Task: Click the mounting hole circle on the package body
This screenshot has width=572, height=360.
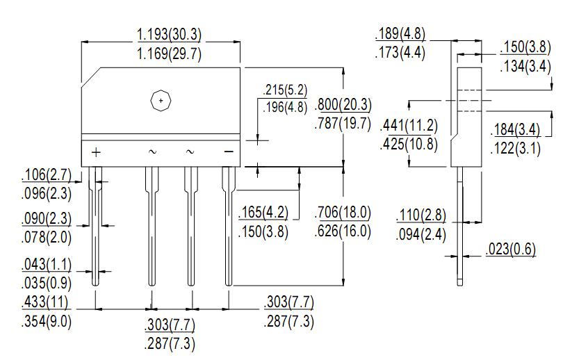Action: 161,101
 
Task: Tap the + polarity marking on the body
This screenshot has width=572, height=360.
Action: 96,152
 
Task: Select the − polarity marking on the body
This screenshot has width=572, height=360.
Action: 227,152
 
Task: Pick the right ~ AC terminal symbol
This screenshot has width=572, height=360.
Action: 190,152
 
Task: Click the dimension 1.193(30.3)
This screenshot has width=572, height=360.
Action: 169,35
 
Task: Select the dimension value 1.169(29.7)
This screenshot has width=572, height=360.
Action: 169,54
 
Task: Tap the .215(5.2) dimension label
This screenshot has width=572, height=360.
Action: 284,91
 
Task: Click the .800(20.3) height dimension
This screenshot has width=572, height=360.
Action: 343,106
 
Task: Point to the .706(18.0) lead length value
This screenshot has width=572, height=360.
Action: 343,213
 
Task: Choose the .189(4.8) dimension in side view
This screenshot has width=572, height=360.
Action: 400,34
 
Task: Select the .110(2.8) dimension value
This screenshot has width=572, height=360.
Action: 421,215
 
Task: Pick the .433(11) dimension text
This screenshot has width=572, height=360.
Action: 46,303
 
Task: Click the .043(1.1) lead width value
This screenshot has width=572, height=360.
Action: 46,265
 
